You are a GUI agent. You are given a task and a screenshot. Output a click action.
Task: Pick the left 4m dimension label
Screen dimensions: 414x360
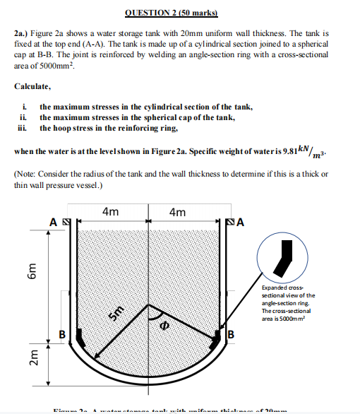[x=110, y=212]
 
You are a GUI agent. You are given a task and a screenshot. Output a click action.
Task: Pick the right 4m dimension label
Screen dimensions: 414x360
[x=178, y=212]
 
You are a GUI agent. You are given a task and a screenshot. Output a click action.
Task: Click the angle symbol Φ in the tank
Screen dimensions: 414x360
[x=164, y=326]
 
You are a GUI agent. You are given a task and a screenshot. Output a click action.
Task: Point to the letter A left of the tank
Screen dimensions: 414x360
[x=53, y=223]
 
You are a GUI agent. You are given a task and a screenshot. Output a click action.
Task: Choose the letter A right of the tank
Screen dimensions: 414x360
[x=241, y=223]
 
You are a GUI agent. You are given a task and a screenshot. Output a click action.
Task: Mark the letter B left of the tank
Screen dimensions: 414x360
[x=61, y=333]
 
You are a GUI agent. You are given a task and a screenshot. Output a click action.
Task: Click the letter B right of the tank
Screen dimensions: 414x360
[x=231, y=333]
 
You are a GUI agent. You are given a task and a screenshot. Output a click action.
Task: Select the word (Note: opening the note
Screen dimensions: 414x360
[x=28, y=174]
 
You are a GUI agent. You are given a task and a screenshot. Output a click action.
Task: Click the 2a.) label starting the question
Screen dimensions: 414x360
[x=22, y=32]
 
